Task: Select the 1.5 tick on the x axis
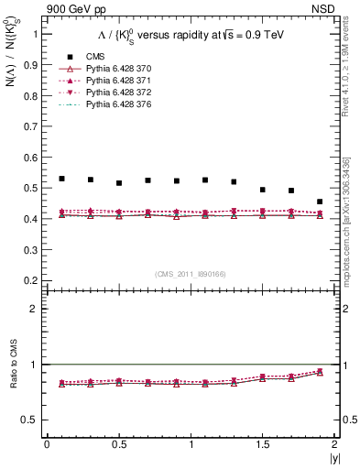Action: pos(262,444)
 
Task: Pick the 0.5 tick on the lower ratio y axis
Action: pos(33,420)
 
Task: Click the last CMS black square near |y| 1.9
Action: pos(320,202)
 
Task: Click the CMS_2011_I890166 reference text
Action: pos(191,273)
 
